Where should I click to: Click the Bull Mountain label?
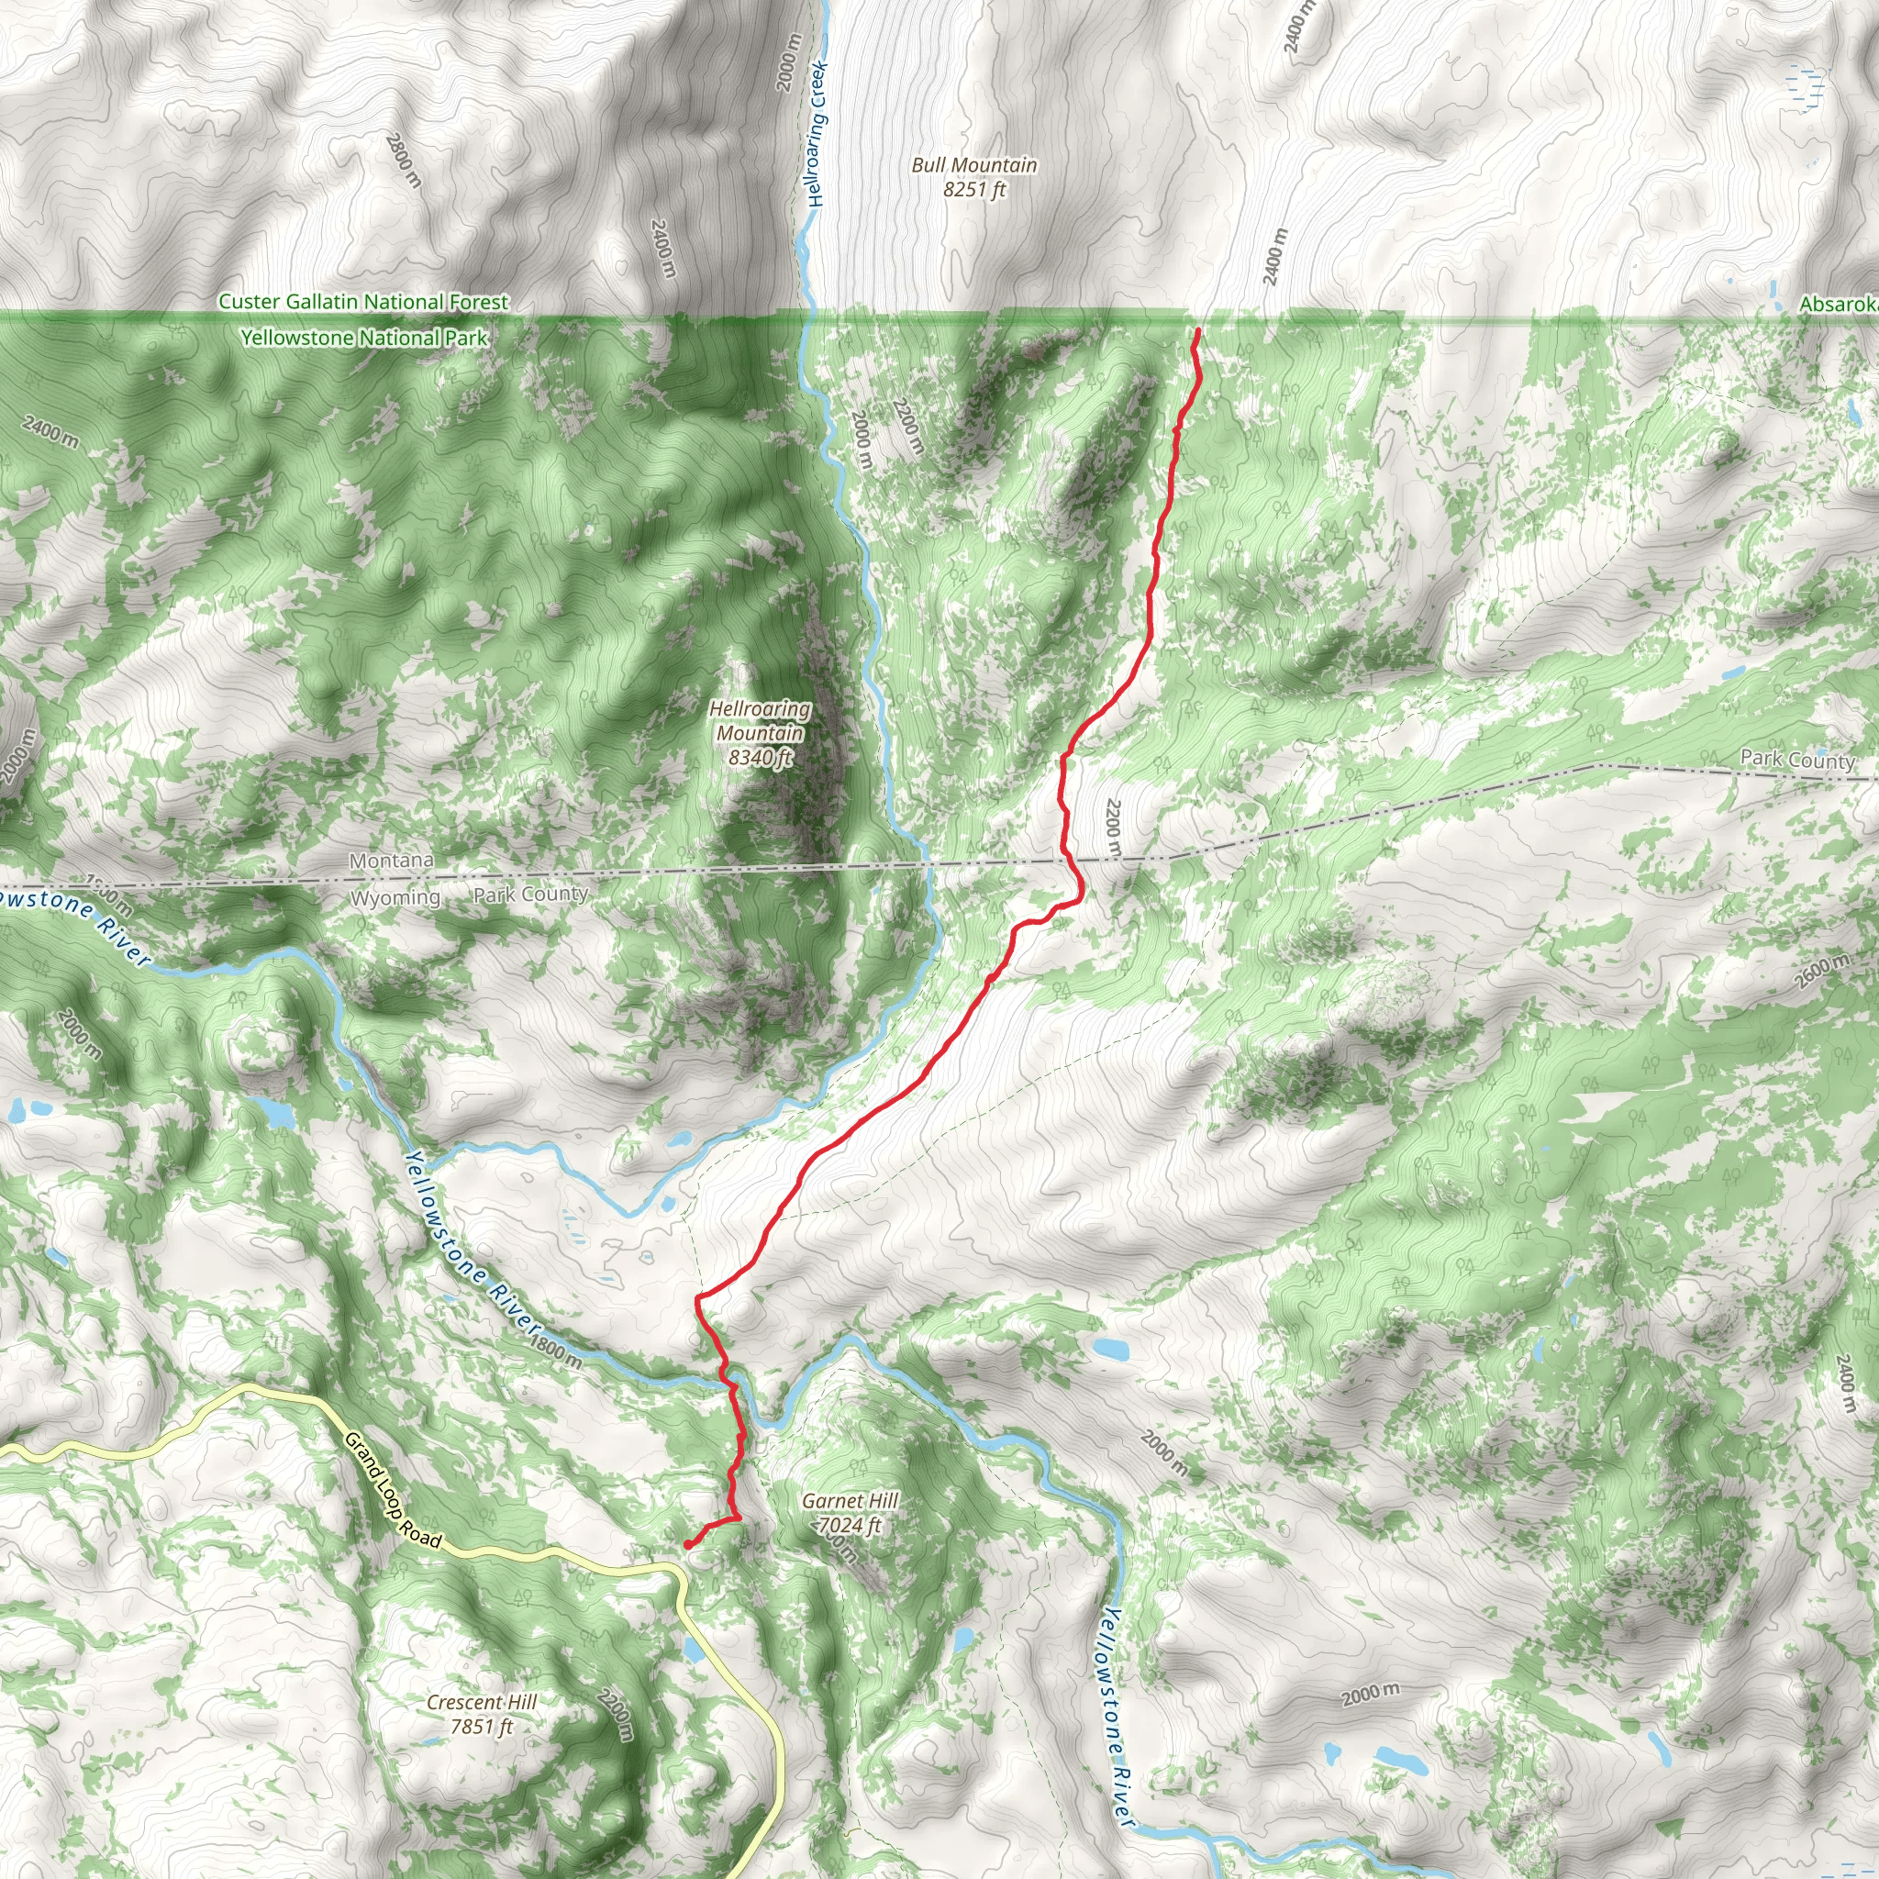pyautogui.click(x=973, y=165)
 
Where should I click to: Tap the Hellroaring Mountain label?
pyautogui.click(x=760, y=720)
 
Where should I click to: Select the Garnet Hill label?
pyautogui.click(x=850, y=1501)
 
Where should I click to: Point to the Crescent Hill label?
pyautogui.click(x=482, y=1702)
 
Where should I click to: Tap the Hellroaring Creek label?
pyautogui.click(x=817, y=134)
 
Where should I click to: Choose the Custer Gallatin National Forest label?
pyautogui.click(x=362, y=302)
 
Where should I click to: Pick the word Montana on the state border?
pyautogui.click(x=391, y=861)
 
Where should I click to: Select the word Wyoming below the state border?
pyautogui.click(x=395, y=897)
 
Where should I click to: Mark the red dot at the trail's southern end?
pyautogui.click(x=687, y=1543)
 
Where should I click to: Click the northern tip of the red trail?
pyautogui.click(x=1197, y=331)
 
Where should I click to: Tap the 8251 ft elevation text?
pyautogui.click(x=973, y=190)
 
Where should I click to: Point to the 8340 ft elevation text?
pyautogui.click(x=761, y=757)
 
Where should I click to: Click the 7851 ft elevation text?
pyautogui.click(x=482, y=1727)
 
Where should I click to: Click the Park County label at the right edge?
pyautogui.click(x=1797, y=760)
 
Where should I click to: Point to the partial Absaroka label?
pyautogui.click(x=1838, y=305)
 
